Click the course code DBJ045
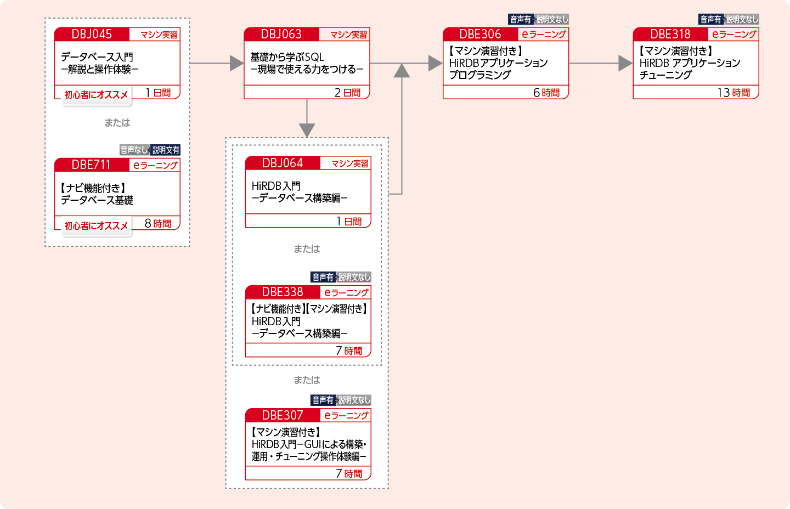92,34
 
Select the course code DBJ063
281,34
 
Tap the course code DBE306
480,34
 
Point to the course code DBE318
670,34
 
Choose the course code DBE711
91,165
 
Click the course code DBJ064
282,163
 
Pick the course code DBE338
282,292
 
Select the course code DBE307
282,415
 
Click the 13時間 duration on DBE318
733,93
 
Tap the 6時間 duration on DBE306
546,93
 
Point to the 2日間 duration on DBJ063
347,93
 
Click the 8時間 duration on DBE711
158,224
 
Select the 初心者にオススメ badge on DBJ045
96,95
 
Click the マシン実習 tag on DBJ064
350,163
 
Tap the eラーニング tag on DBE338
346,293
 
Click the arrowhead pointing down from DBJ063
307,130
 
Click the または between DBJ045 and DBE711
117,123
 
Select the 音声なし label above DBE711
134,150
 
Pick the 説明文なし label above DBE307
354,400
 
